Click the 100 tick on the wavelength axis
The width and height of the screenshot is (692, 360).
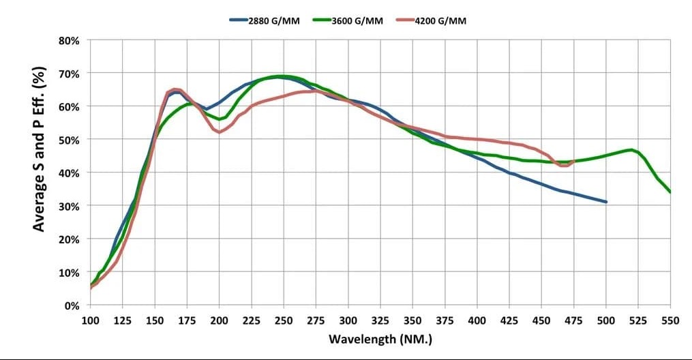[x=90, y=319]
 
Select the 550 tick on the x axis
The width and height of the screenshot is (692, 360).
[x=670, y=319]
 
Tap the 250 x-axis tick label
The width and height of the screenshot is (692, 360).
[x=284, y=319]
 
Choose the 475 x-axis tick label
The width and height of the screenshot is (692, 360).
[x=573, y=319]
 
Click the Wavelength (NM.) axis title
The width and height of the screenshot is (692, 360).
[x=380, y=339]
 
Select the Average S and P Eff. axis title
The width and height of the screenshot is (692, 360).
[x=40, y=149]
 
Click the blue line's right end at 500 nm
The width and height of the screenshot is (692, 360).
[x=605, y=202]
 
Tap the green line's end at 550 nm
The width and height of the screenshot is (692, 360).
[x=670, y=192]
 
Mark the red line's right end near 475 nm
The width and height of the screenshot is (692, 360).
[x=573, y=162]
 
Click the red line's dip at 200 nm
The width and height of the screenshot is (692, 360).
[x=219, y=132]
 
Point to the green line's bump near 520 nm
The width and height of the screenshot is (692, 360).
[x=632, y=150]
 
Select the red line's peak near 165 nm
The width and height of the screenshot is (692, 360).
[x=175, y=89]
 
